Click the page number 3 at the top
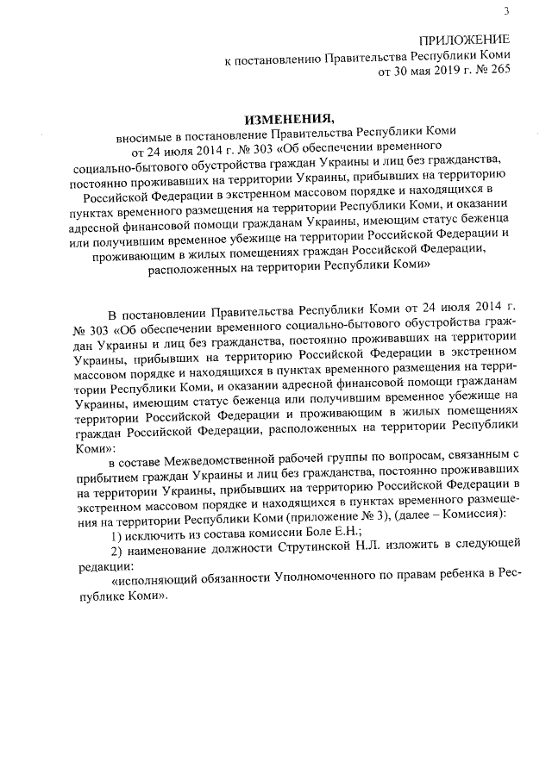[x=506, y=10]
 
